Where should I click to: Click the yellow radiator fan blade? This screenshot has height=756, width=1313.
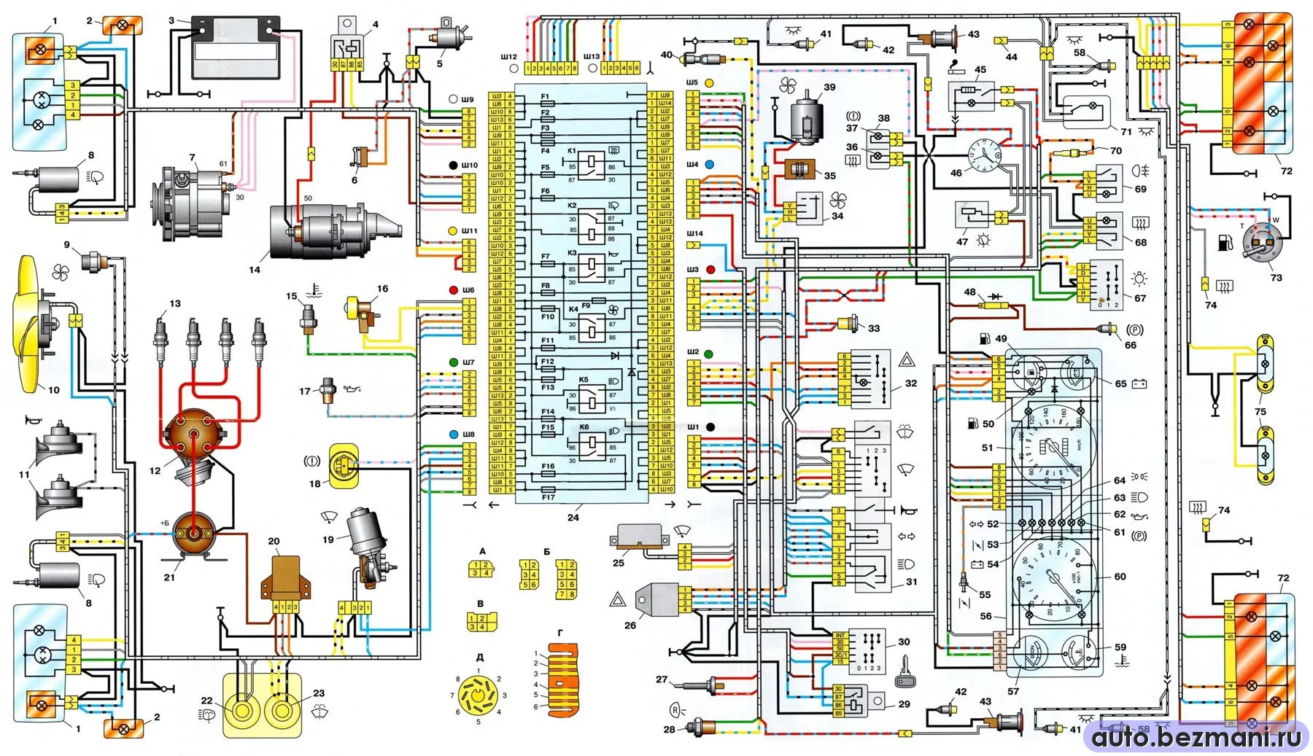[29, 324]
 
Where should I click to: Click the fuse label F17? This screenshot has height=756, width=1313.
[548, 498]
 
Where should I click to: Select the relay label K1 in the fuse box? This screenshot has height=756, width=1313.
[572, 151]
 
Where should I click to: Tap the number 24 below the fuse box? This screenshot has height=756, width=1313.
[573, 518]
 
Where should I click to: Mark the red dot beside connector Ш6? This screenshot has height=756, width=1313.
[453, 290]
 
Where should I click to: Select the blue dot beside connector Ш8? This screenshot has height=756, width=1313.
[453, 434]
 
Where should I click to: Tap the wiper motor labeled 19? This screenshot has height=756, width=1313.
[368, 543]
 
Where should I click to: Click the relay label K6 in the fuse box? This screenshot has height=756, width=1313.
[584, 427]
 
